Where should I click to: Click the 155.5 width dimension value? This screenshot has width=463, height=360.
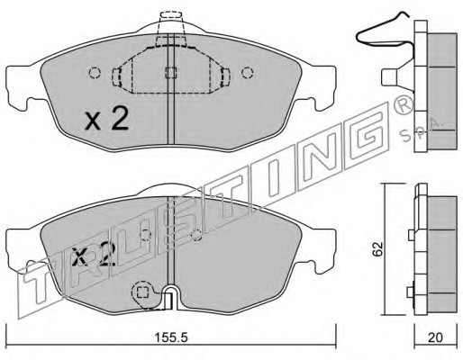click(x=171, y=338)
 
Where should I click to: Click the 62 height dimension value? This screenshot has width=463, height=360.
click(x=377, y=248)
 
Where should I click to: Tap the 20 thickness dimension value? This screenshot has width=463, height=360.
click(x=435, y=338)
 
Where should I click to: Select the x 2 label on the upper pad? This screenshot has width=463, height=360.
click(x=106, y=119)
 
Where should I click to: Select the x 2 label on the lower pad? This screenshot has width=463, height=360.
click(x=95, y=255)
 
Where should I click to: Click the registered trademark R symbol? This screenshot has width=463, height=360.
click(x=403, y=107)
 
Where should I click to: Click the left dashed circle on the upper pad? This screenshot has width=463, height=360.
click(x=95, y=73)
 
